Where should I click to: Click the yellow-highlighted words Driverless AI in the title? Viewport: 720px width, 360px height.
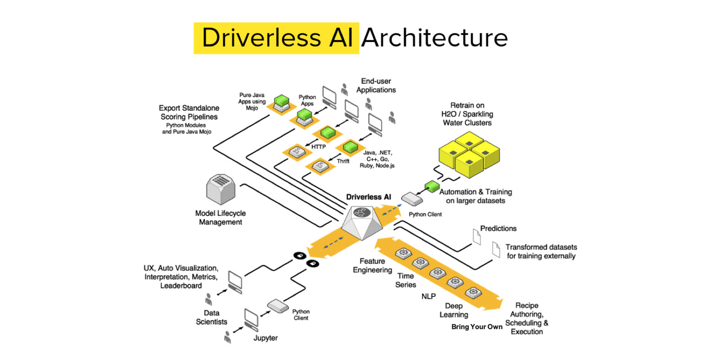277,38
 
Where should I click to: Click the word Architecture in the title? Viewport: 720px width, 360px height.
434,38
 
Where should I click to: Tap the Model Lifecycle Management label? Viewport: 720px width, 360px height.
220,217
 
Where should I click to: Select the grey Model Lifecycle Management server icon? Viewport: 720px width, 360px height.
220,189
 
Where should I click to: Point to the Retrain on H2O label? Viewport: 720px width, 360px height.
467,114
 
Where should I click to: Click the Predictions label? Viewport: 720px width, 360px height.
498,228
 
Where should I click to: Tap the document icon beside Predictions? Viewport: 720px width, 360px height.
477,236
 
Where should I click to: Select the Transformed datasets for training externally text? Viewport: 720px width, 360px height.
541,251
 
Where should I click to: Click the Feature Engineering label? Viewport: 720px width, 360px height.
372,265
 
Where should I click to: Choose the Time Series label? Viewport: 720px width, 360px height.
405,280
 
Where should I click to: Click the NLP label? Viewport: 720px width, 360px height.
428,296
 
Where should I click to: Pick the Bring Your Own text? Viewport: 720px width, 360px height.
477,327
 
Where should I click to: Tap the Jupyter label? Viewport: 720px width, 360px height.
265,338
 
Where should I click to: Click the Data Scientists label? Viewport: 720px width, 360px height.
211,317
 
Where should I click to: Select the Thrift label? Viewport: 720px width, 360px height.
343,161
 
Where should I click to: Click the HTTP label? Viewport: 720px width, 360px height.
319,147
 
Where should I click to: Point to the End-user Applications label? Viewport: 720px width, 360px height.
376,85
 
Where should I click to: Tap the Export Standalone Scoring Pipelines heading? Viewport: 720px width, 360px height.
189,112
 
